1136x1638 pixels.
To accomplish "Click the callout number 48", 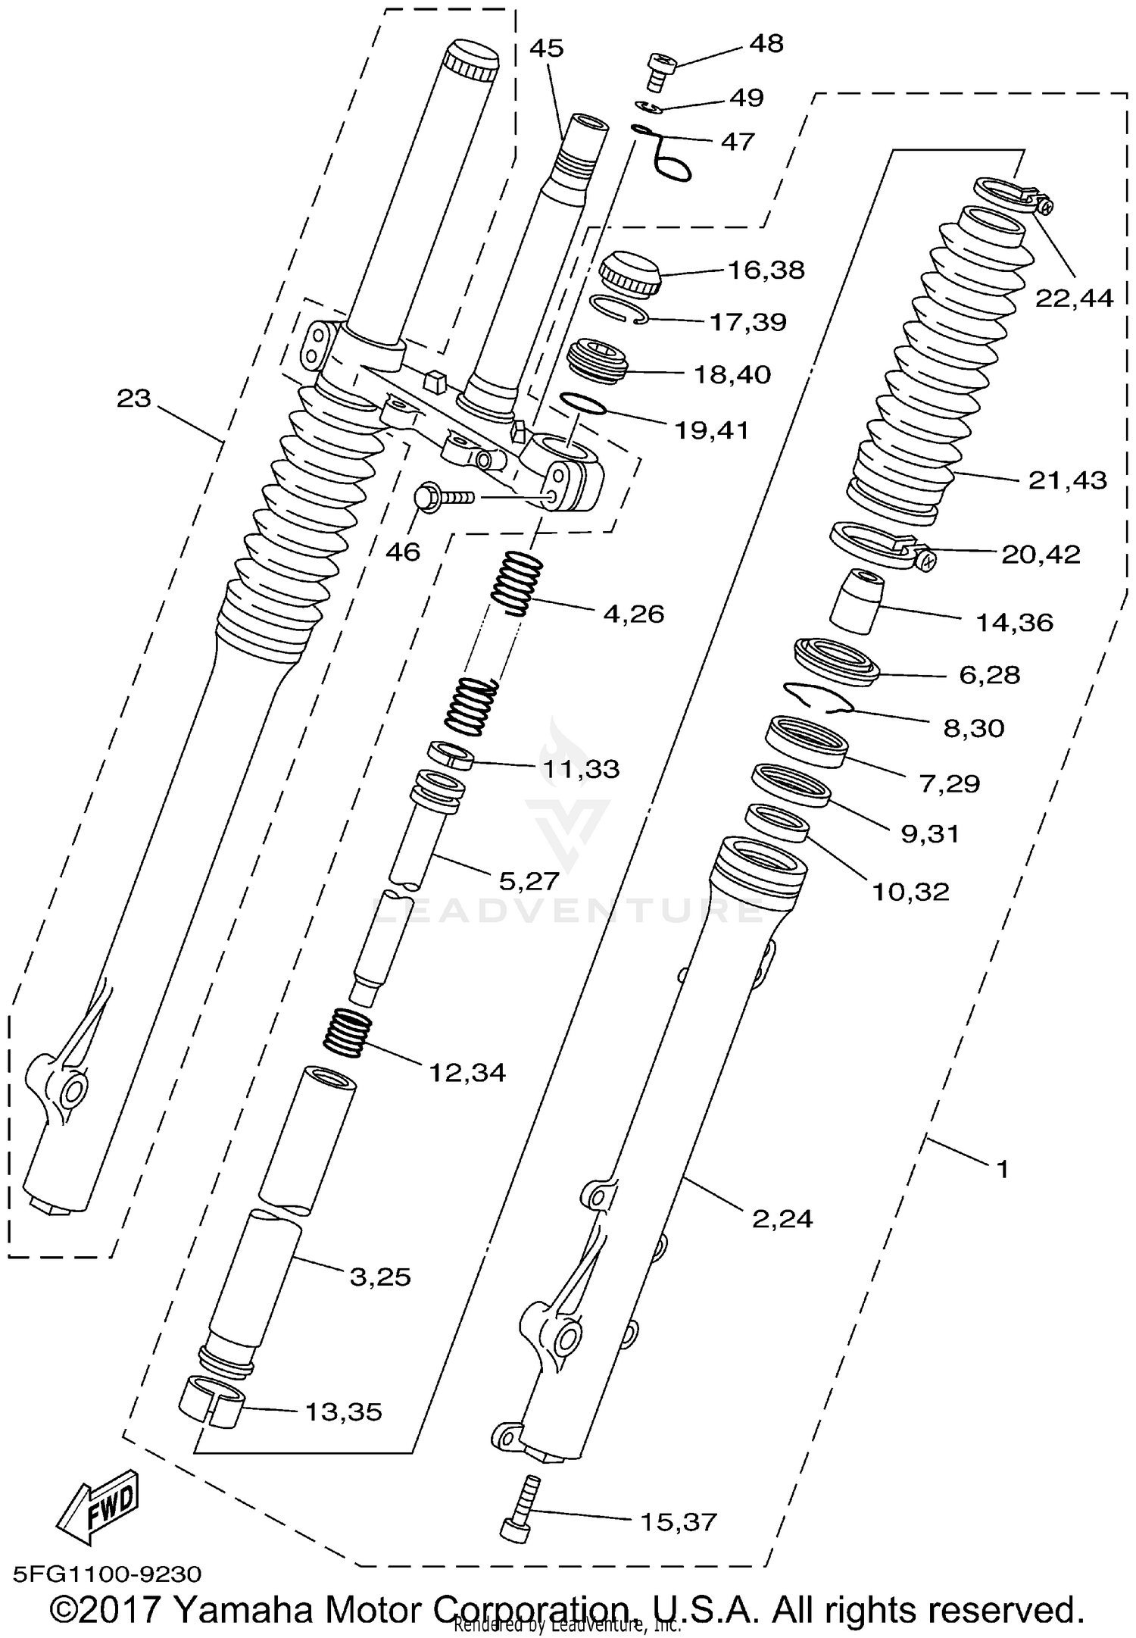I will (766, 45).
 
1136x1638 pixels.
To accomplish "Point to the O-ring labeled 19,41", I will (583, 403).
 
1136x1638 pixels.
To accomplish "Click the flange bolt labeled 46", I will (439, 497).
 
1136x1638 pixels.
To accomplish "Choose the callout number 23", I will (134, 398).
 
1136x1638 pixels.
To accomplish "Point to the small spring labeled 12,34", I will (348, 1032).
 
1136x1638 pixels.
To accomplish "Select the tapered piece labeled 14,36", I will (857, 602).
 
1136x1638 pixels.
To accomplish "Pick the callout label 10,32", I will (910, 892).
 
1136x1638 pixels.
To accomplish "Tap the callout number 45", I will (546, 48).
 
